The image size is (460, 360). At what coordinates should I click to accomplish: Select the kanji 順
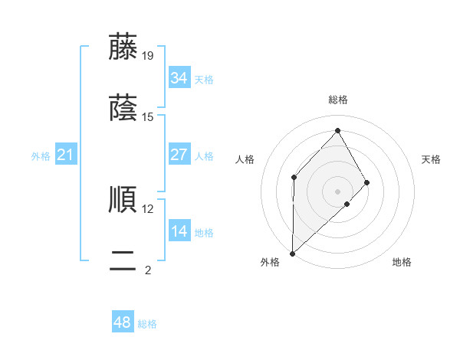tap(123, 199)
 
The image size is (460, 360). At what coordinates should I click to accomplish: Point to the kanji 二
tap(123, 261)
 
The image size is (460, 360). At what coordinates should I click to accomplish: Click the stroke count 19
tap(148, 55)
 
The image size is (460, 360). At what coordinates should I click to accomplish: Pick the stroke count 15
tap(148, 116)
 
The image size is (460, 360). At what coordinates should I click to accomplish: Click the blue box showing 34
tap(179, 77)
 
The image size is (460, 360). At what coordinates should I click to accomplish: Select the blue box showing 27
tap(179, 155)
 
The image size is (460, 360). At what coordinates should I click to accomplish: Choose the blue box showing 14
tap(179, 231)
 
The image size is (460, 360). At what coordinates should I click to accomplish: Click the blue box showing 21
tap(65, 155)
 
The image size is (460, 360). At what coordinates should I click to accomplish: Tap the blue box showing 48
tap(122, 322)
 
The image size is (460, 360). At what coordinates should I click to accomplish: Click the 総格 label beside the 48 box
tap(147, 324)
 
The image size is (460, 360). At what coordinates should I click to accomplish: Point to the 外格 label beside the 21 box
tap(41, 156)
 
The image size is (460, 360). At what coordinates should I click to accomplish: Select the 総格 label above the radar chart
tap(337, 100)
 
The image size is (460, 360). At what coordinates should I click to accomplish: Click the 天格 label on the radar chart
tap(432, 159)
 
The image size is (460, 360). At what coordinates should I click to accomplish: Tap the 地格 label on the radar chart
tap(402, 262)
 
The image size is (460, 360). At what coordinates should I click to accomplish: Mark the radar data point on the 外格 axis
tap(292, 253)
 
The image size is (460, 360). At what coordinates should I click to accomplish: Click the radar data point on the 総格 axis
tap(337, 130)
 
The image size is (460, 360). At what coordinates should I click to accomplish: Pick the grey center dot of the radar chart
tap(337, 191)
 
